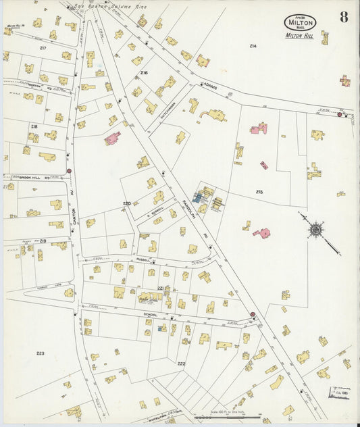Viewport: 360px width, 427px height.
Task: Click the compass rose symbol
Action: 315,229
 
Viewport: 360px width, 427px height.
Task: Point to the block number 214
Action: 253,46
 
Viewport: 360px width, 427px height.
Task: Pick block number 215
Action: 259,193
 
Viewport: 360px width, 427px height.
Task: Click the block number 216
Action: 144,72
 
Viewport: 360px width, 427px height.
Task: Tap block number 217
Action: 43,48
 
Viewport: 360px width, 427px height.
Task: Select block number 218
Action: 34,126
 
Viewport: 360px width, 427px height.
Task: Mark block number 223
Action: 41,353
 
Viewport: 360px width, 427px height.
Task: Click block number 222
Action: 182,364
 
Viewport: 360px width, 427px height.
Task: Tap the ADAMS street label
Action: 207,85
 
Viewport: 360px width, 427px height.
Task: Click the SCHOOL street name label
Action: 150,314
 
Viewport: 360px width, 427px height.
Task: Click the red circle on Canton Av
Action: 69,171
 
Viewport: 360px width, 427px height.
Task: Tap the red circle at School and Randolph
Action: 253,314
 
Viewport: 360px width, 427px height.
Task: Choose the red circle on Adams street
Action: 339,115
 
